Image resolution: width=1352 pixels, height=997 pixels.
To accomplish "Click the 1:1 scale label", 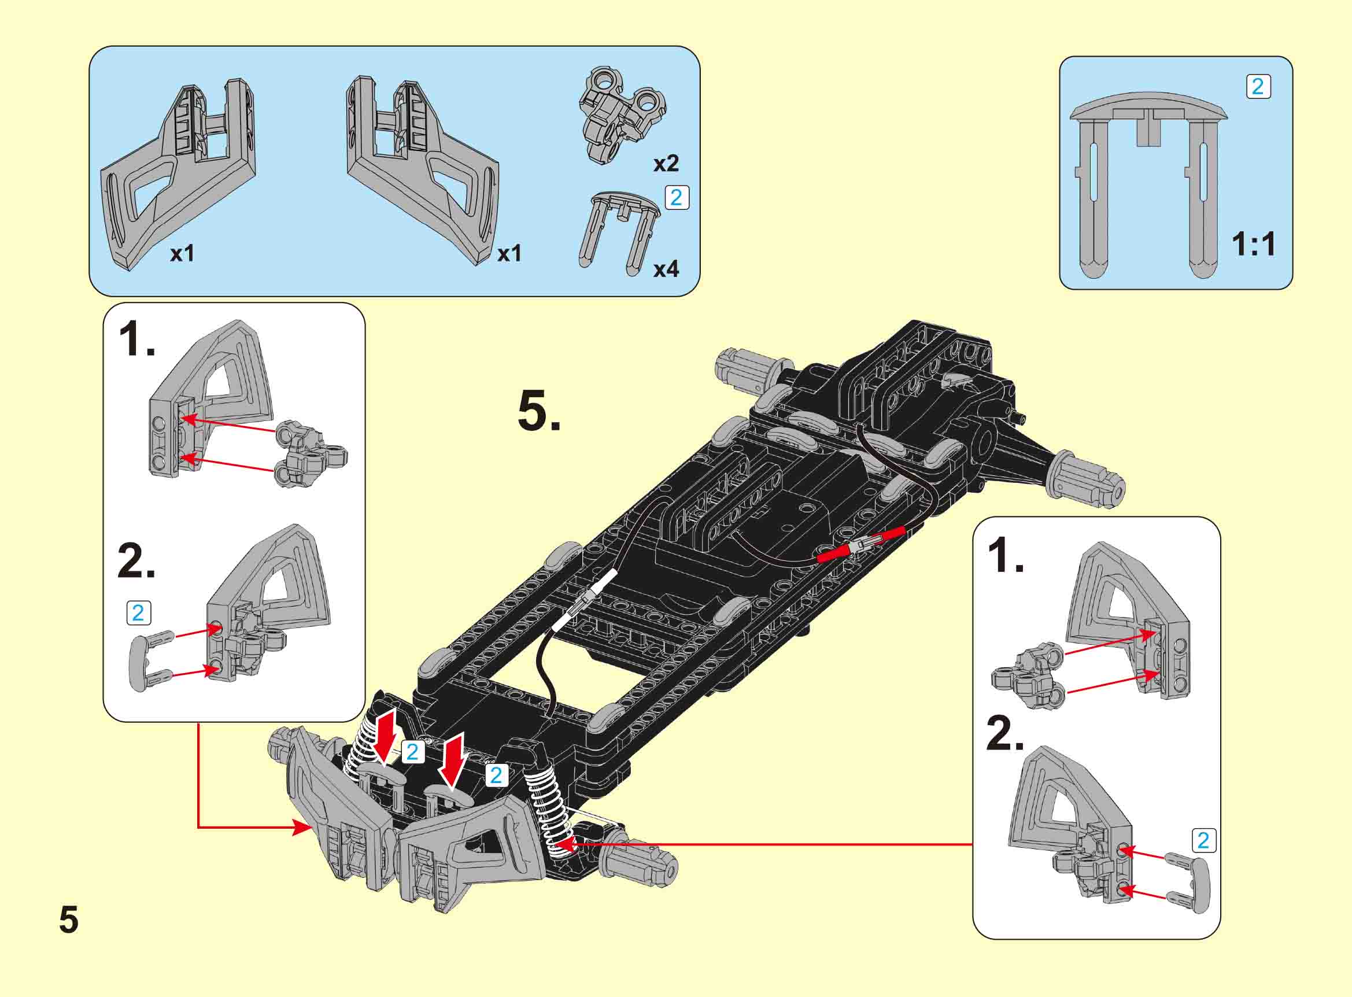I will pyautogui.click(x=1254, y=245).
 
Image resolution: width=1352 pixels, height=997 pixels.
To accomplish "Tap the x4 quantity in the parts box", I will pyautogui.click(x=666, y=269).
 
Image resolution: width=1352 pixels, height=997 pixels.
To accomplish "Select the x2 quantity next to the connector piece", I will pyautogui.click(x=666, y=163).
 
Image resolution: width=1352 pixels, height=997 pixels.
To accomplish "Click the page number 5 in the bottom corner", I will pyautogui.click(x=69, y=920).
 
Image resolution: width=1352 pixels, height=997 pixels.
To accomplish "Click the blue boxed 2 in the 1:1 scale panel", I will pyautogui.click(x=1258, y=87).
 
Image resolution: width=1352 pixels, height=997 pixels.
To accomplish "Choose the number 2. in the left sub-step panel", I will pyautogui.click(x=136, y=562).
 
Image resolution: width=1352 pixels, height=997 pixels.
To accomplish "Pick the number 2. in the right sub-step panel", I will pyautogui.click(x=1005, y=734).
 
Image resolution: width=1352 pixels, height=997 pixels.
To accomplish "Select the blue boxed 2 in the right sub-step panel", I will pyautogui.click(x=1203, y=841).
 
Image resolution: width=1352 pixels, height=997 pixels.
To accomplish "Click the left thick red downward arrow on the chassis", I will pyautogui.click(x=385, y=735).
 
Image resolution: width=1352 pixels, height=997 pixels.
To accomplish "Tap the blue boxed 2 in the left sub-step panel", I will pyautogui.click(x=138, y=613).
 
